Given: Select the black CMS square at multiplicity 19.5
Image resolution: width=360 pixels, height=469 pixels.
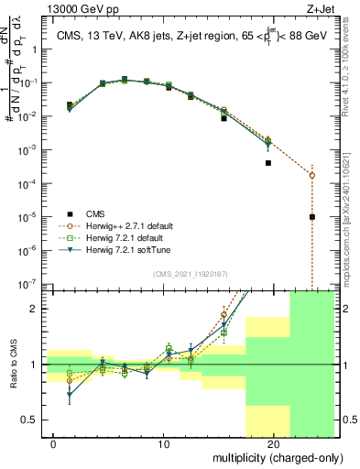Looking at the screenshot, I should [x=268, y=163].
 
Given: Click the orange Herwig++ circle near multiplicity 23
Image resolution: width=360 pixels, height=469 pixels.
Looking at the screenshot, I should [x=312, y=175].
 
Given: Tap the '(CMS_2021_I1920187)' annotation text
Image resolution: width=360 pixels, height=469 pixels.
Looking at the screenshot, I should [x=189, y=274].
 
